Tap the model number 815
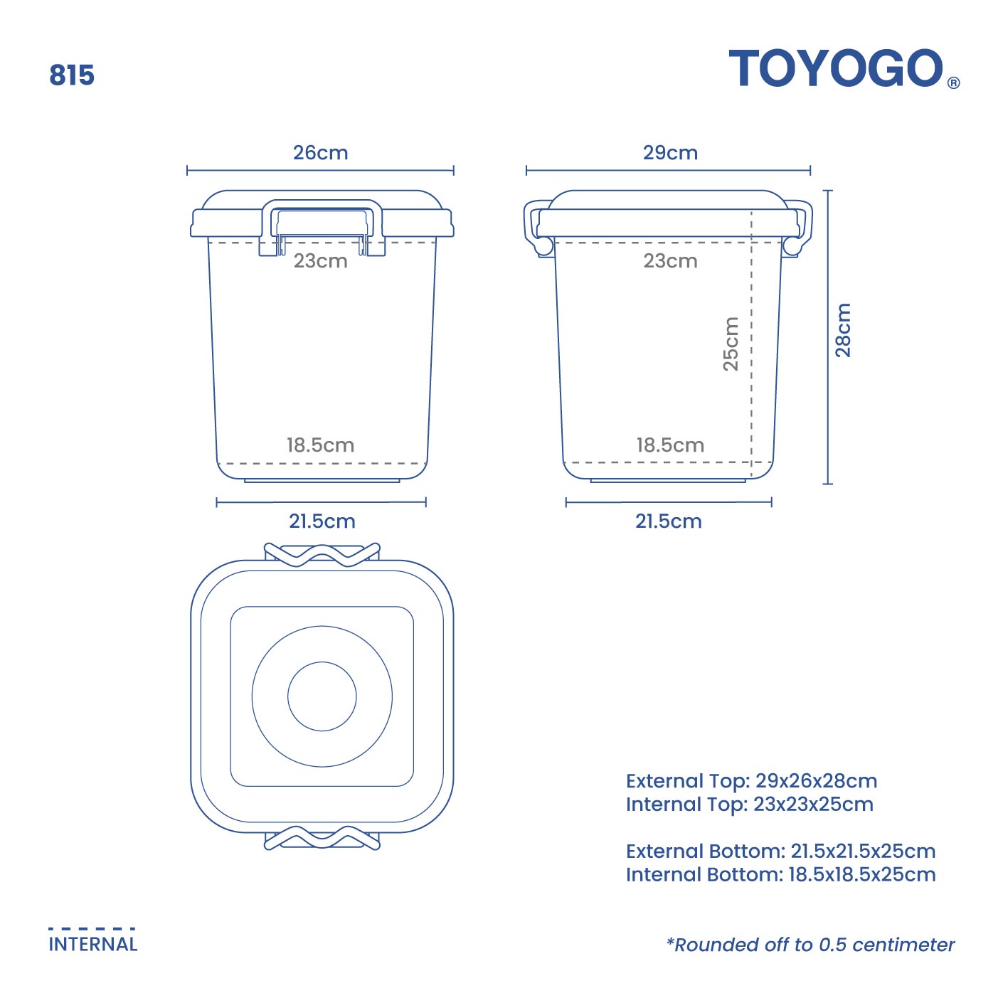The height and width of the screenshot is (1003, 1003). click(x=72, y=75)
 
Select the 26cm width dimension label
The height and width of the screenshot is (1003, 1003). click(x=321, y=153)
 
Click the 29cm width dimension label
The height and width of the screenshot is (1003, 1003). click(x=670, y=153)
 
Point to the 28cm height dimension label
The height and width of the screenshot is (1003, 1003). click(x=843, y=330)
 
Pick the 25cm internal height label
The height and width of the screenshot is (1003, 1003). click(x=731, y=344)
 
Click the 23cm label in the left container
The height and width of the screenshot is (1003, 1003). click(x=321, y=261)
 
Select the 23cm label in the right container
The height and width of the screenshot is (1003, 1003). click(x=670, y=261)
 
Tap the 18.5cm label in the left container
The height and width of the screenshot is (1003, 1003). click(x=321, y=445)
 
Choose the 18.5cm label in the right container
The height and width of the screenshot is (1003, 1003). click(x=670, y=445)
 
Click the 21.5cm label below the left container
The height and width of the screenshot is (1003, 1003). click(x=322, y=521)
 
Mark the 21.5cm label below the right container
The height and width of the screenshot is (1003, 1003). click(x=669, y=521)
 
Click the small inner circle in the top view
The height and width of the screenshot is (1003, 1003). click(x=322, y=696)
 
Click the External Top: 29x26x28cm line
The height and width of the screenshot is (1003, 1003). click(x=751, y=781)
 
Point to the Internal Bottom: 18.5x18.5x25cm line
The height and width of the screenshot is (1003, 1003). click(x=780, y=875)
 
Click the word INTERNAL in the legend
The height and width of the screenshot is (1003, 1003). click(x=93, y=945)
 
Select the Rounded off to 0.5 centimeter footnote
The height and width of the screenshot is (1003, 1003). click(x=810, y=945)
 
